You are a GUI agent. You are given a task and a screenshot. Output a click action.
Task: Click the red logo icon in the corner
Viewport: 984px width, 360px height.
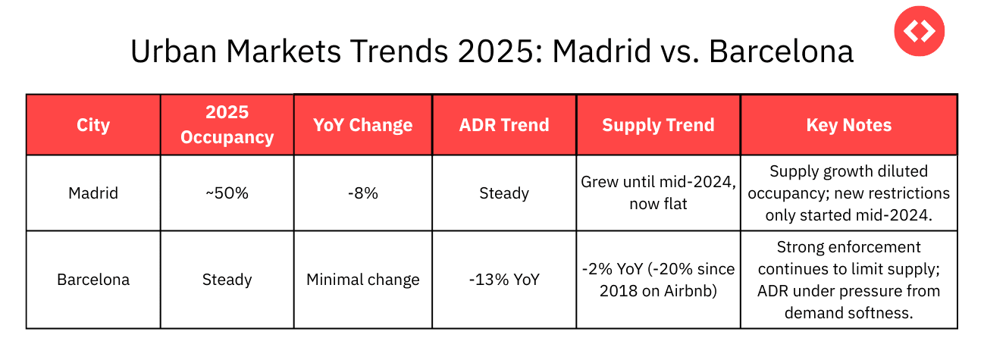coord(919,31)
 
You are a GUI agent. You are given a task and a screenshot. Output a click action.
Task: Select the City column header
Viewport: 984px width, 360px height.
coord(93,125)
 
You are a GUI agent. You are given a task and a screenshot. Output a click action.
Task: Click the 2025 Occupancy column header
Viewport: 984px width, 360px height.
coord(227,125)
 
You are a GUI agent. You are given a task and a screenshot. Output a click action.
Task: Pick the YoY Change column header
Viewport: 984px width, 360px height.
coord(362,125)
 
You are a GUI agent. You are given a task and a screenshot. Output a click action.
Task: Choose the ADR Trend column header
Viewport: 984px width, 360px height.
coord(504,125)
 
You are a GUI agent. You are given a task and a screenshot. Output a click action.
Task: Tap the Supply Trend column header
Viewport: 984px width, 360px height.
coord(658,125)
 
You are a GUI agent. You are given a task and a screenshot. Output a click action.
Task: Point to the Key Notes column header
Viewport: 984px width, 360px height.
coord(848,125)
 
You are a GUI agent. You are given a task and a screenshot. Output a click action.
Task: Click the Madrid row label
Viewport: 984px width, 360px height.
coord(93,193)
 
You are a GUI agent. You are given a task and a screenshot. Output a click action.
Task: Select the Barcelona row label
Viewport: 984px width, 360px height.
coord(93,280)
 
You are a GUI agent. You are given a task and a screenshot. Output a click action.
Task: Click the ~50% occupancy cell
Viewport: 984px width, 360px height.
coord(227,193)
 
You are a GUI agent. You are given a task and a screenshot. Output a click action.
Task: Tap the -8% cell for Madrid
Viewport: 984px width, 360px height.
coord(362,193)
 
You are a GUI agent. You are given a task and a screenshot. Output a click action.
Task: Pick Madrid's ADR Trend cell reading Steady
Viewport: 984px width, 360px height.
coord(504,193)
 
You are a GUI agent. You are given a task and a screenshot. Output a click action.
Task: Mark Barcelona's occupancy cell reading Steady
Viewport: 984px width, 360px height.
coord(227,280)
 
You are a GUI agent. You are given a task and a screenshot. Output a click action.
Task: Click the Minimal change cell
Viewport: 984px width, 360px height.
coord(362,280)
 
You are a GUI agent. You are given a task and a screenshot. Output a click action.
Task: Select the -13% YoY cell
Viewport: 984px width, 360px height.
coord(504,280)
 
